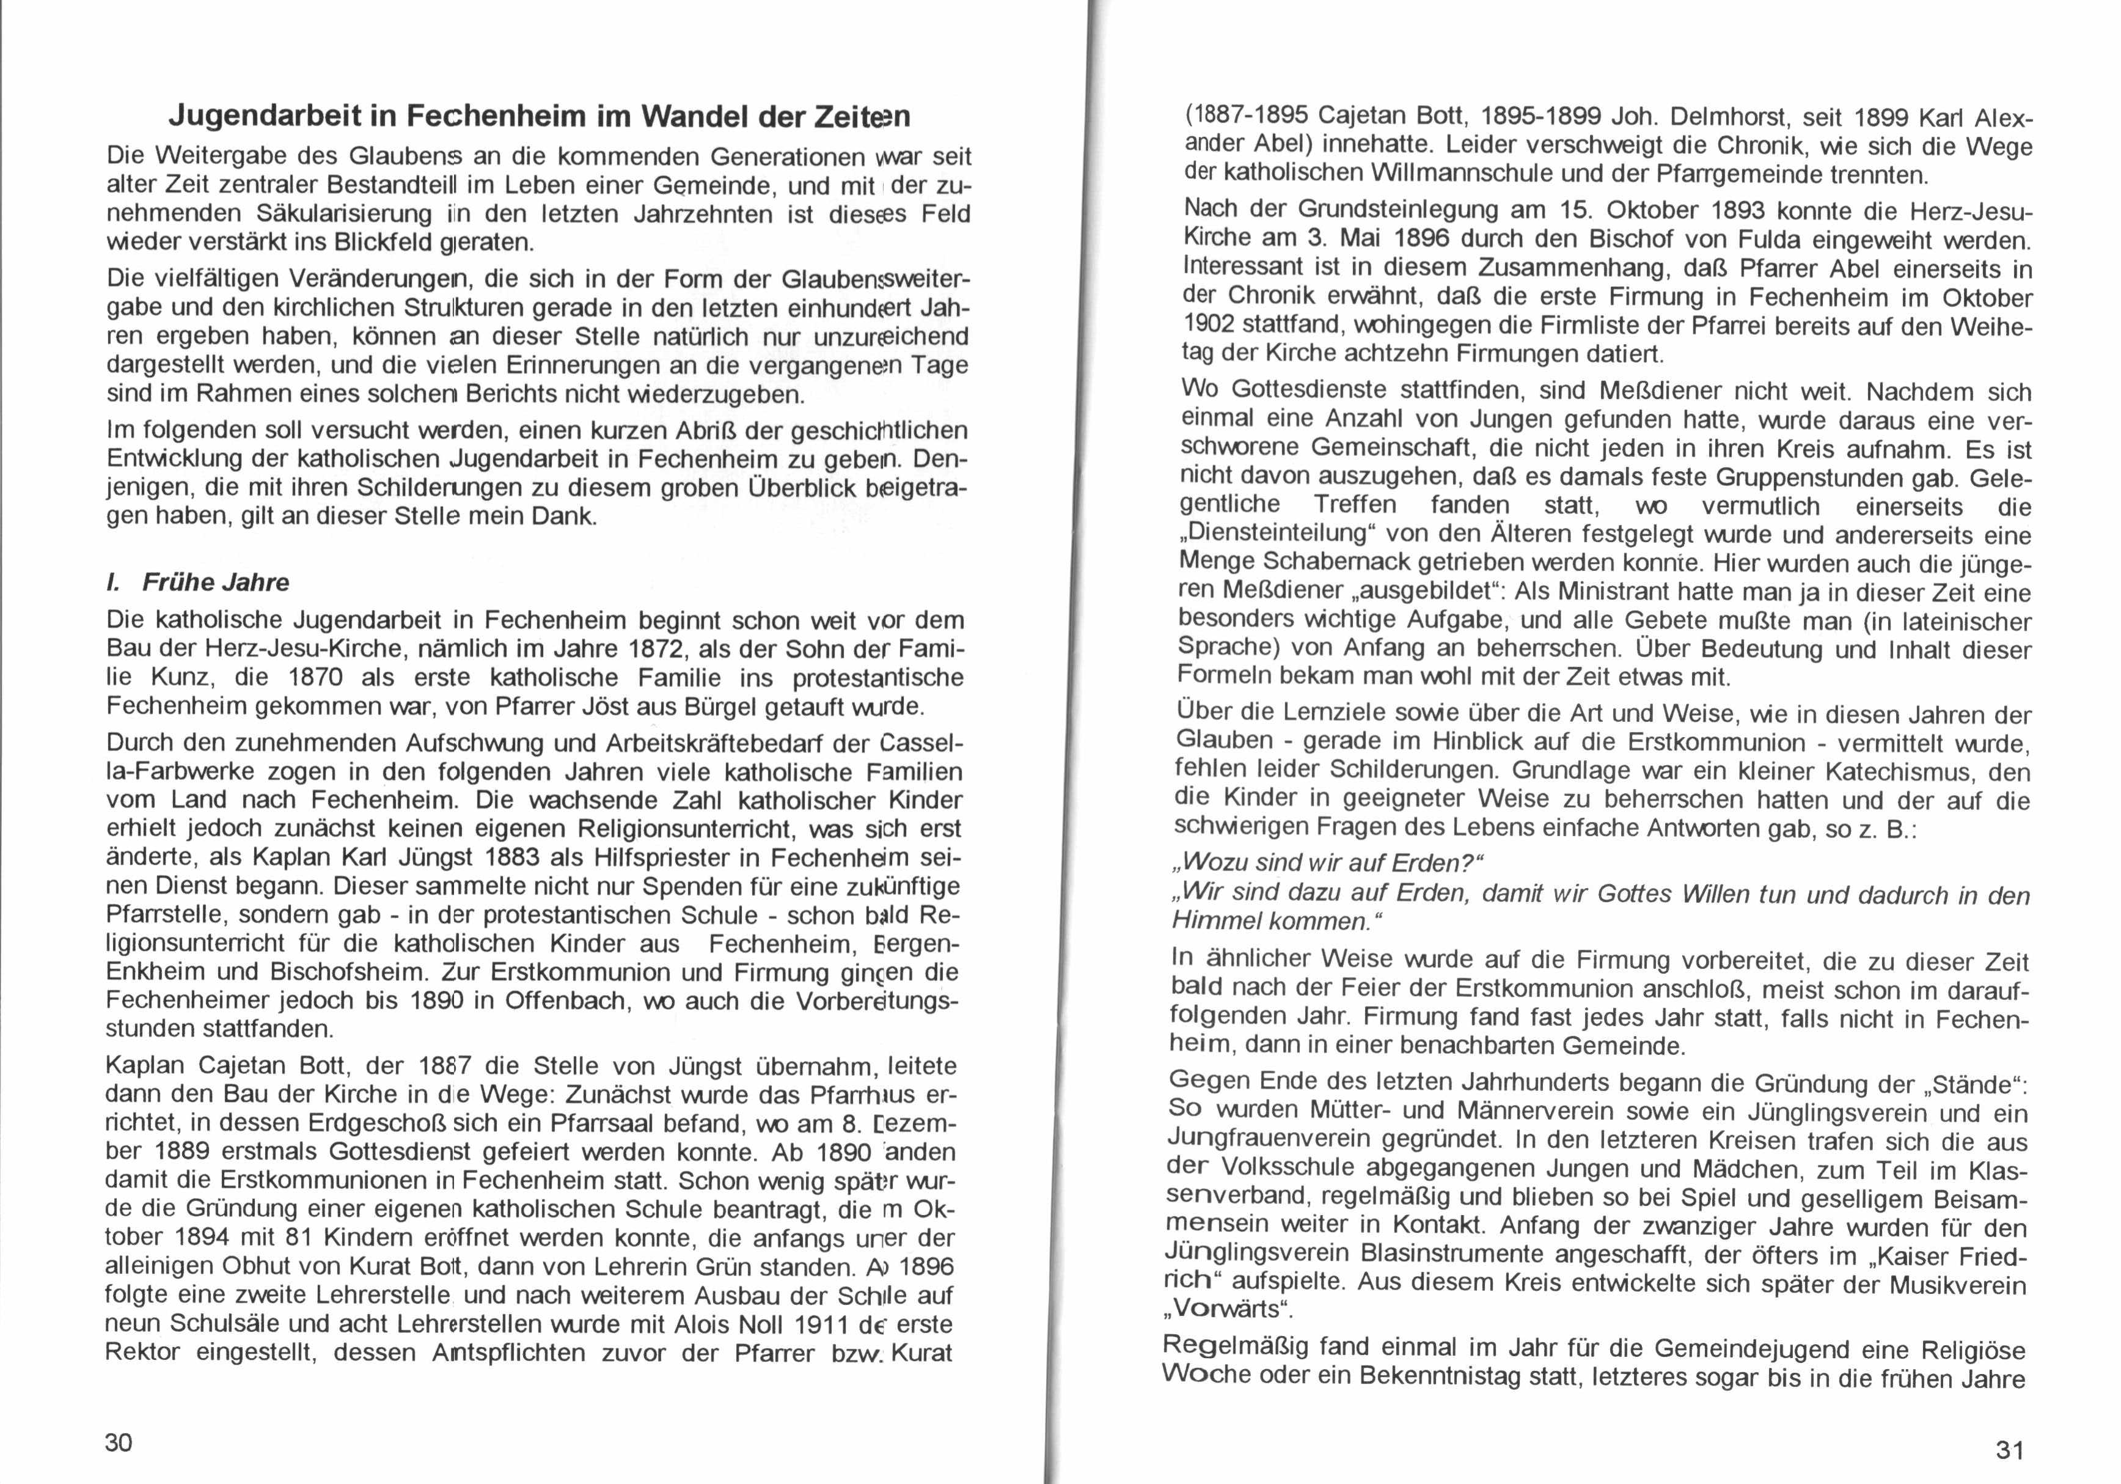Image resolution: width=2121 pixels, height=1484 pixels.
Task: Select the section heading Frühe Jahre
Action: (214, 582)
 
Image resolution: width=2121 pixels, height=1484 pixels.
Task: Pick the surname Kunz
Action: (183, 677)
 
